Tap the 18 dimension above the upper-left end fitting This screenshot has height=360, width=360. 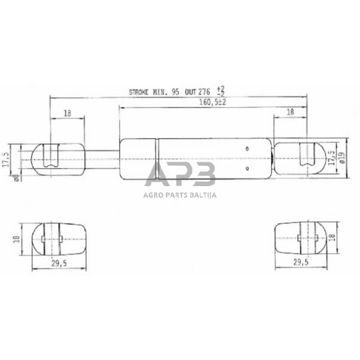pos(66,113)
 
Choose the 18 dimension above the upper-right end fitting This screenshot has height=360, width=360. pos(290,113)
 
